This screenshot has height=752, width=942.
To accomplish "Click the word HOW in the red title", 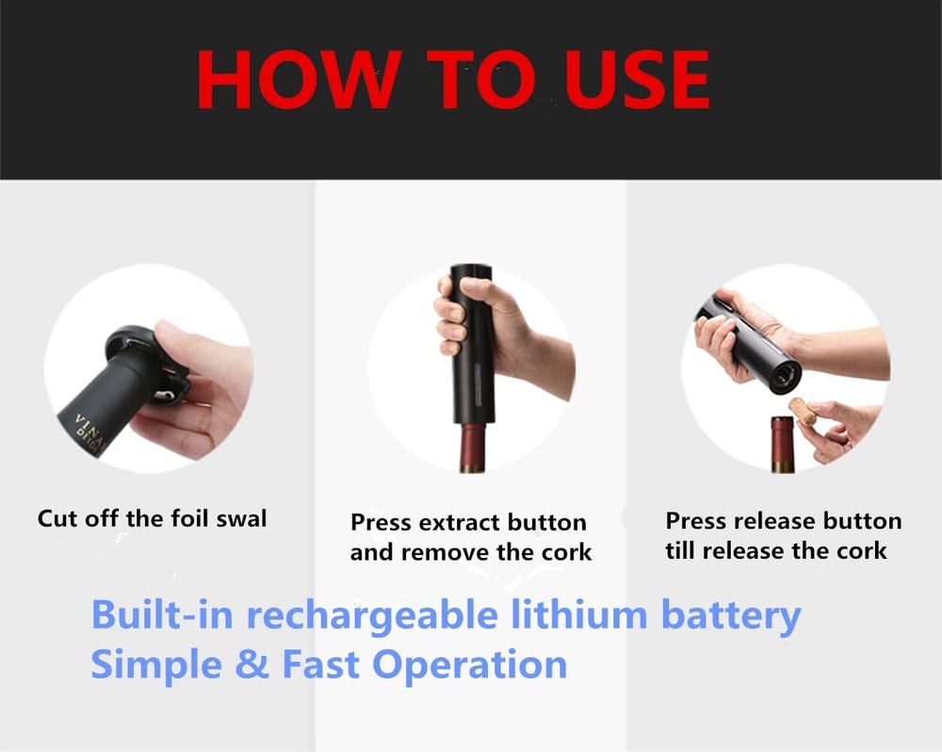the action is [299, 79].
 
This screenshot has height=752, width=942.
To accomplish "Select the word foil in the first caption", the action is [190, 518].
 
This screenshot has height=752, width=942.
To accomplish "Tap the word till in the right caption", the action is [681, 550].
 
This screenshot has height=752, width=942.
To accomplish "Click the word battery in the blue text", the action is [731, 616].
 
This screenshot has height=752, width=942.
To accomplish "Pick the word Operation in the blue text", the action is [469, 666].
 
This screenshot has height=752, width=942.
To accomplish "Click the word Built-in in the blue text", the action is [162, 614].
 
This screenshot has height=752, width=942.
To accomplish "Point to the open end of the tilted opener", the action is [785, 376].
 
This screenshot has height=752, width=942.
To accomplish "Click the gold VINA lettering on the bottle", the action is [89, 429].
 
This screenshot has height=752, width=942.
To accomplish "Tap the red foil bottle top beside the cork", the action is [783, 444].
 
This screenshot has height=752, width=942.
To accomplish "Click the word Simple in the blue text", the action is [156, 666].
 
